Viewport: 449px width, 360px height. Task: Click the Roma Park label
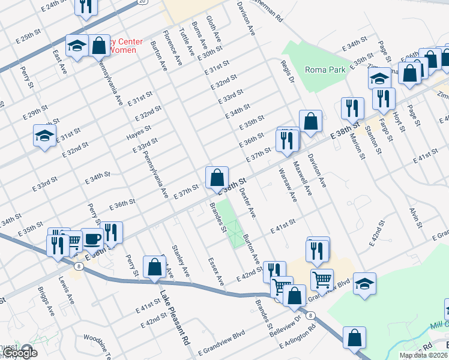pos(325,70)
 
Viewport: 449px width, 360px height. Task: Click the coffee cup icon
pos(92,239)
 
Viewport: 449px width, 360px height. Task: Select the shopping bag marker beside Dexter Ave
pos(217,178)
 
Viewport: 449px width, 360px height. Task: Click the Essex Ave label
pos(215,272)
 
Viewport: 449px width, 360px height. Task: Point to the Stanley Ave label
pos(181,260)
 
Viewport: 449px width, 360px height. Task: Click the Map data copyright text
pos(423,355)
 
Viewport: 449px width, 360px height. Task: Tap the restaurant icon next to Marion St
pos(351,108)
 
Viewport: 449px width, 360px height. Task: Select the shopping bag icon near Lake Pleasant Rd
pos(154,267)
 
